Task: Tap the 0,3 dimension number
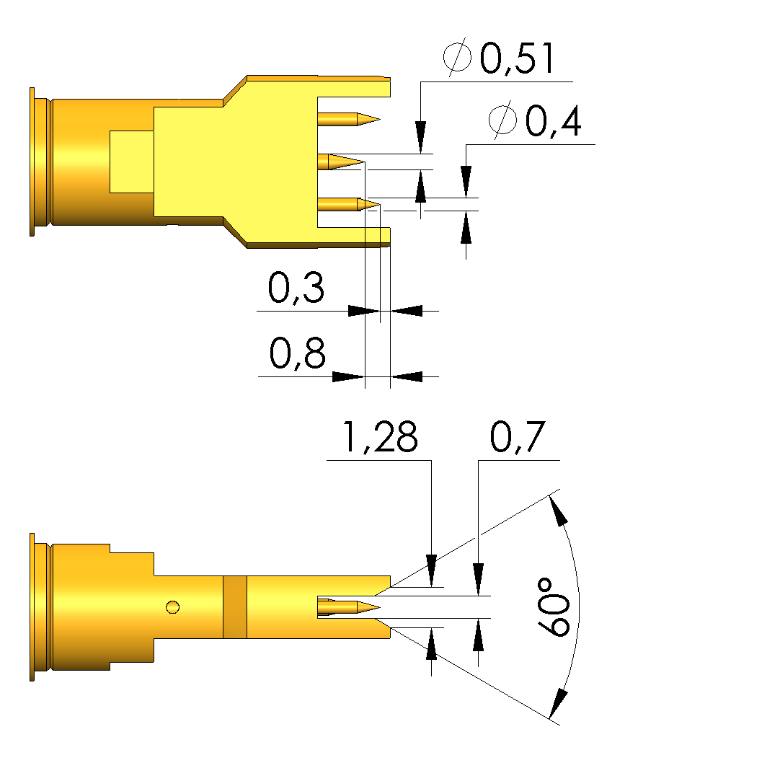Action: pos(296,288)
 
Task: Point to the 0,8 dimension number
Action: pos(297,354)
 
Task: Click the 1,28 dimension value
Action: pos(379,438)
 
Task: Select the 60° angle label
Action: pos(554,606)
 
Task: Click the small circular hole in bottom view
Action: pos(172,606)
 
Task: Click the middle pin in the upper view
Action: pos(343,162)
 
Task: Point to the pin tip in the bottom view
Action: pos(374,607)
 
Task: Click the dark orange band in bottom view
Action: pos(235,607)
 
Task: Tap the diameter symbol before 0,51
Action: pos(457,59)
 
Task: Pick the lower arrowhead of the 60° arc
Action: pos(557,702)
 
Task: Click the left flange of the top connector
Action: pos(32,162)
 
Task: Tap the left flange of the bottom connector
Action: pos(32,606)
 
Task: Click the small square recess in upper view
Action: pos(132,162)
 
